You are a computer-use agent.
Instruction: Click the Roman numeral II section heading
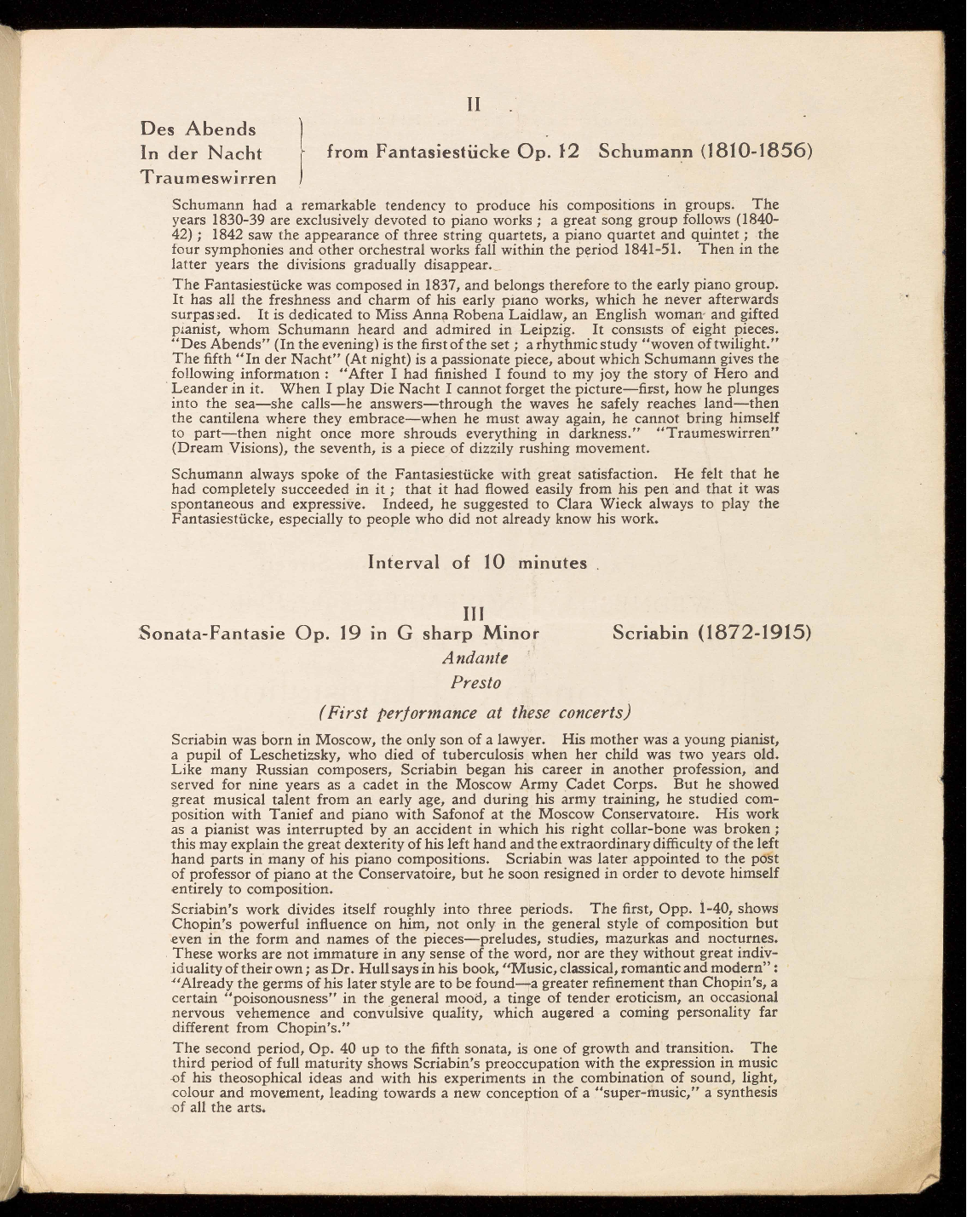pos(475,105)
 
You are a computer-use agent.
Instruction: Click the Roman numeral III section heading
pos(474,613)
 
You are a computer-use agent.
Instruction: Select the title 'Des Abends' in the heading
pos(198,129)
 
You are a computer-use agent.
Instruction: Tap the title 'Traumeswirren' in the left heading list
pos(209,177)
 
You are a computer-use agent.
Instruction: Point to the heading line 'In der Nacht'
pos(201,153)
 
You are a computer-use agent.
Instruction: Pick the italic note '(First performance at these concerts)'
pos(475,712)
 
